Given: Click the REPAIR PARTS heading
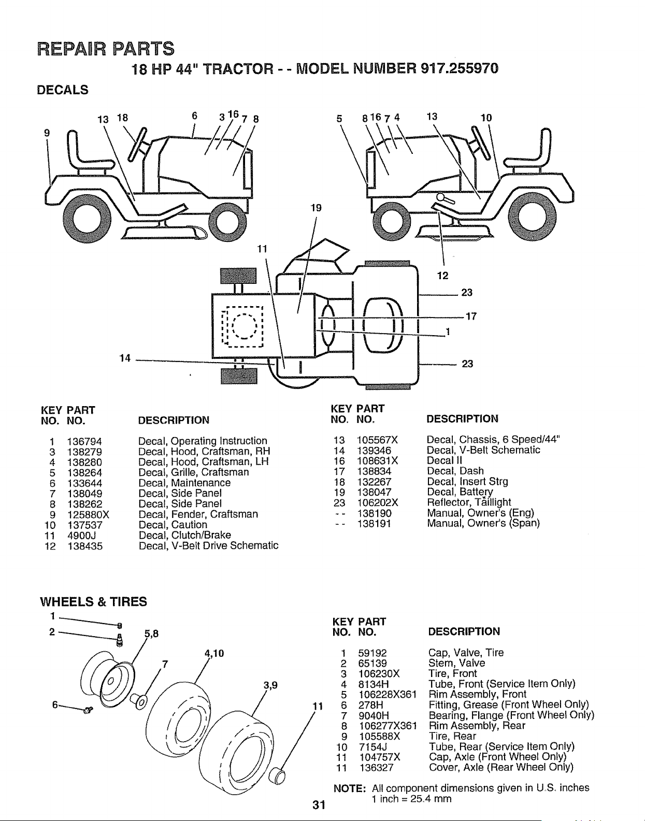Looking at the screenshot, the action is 106,49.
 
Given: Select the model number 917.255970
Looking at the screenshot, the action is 459,69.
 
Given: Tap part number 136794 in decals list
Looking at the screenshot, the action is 84,442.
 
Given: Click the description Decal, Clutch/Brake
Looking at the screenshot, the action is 184,536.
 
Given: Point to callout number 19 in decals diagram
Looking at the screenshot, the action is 316,208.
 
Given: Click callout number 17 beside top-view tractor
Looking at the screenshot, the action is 471,316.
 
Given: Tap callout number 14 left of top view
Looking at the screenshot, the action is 125,358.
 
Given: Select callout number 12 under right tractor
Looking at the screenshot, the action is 442,276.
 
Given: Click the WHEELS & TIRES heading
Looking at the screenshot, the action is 93,602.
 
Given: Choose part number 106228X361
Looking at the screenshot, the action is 388,695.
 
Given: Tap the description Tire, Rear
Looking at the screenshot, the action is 452,737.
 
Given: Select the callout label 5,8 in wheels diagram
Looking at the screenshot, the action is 151,633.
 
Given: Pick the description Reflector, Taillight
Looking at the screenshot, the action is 469,502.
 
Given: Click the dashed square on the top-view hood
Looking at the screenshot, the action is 242,327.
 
